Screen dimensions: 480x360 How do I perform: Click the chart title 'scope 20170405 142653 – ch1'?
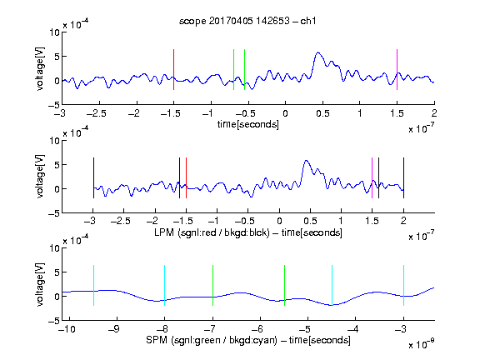click(247, 21)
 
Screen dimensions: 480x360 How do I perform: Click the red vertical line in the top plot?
click(173, 69)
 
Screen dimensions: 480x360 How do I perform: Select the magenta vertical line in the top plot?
click(397, 69)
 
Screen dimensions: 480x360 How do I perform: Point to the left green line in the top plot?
click(233, 69)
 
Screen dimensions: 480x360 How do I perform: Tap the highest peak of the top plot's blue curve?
click(318, 52)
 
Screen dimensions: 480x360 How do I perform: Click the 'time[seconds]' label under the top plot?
click(248, 124)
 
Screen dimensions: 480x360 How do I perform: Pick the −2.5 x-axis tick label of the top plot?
click(97, 114)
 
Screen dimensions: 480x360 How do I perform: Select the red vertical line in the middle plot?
click(186, 177)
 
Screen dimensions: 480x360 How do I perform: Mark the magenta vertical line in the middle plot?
click(372, 177)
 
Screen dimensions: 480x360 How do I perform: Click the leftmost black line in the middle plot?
click(93, 177)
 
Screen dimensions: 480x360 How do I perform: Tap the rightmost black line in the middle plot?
click(403, 177)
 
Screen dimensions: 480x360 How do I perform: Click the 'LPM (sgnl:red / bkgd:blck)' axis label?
click(212, 232)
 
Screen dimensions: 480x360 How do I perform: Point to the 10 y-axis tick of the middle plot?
click(54, 141)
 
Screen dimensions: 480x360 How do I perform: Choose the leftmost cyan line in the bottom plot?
click(93, 285)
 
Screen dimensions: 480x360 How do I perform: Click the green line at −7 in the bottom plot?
click(212, 285)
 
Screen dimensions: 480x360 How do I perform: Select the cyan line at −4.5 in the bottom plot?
click(332, 285)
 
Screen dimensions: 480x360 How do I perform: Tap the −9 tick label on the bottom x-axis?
click(114, 329)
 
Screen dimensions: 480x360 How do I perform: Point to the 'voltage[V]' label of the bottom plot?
click(40, 284)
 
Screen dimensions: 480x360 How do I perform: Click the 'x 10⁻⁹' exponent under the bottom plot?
click(421, 345)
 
